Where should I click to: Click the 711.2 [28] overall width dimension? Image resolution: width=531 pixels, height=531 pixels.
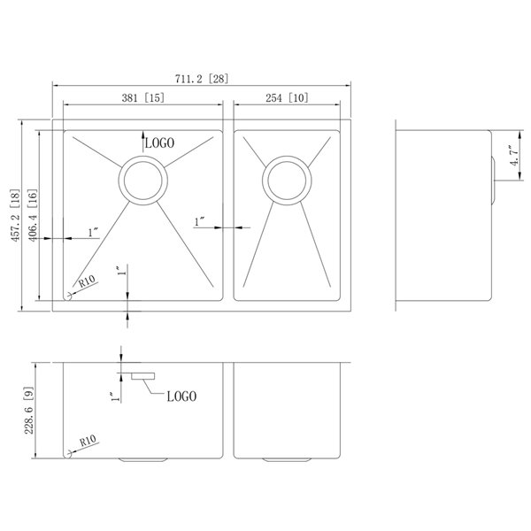click(x=202, y=78)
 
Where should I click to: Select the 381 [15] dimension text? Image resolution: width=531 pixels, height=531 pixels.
click(x=141, y=98)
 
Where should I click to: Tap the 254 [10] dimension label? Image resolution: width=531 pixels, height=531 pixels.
click(x=286, y=98)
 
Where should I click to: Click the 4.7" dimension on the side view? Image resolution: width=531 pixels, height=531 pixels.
click(x=512, y=163)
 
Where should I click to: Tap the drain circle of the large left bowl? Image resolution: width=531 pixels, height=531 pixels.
click(x=142, y=180)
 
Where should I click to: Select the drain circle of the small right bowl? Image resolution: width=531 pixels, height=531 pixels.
click(x=286, y=181)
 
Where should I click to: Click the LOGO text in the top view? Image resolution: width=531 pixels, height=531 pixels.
click(x=160, y=142)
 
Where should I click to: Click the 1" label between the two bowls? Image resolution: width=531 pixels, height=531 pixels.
click(x=199, y=220)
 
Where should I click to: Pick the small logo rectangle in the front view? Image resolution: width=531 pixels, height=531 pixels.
click(x=142, y=377)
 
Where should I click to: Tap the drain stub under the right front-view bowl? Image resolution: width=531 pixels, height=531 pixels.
click(x=286, y=460)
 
